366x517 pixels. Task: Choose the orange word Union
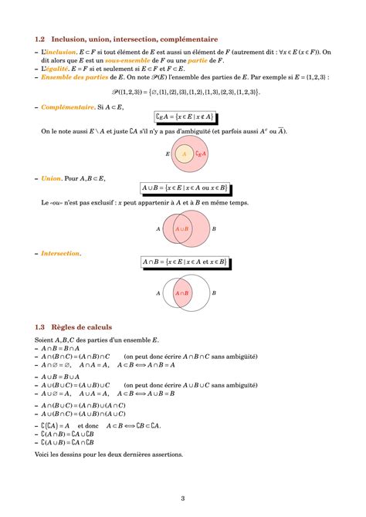[x=51, y=178]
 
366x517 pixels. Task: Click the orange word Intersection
[x=60, y=253]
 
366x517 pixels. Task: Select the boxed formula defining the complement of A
[x=183, y=117]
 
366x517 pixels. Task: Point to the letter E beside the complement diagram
[x=168, y=154]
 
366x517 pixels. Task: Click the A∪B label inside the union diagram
[x=183, y=229]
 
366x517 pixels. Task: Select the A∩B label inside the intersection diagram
[x=183, y=293]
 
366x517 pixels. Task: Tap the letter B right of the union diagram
[x=214, y=229]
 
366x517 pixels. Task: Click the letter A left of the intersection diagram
[x=158, y=293]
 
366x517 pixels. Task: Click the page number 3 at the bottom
[x=183, y=498]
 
